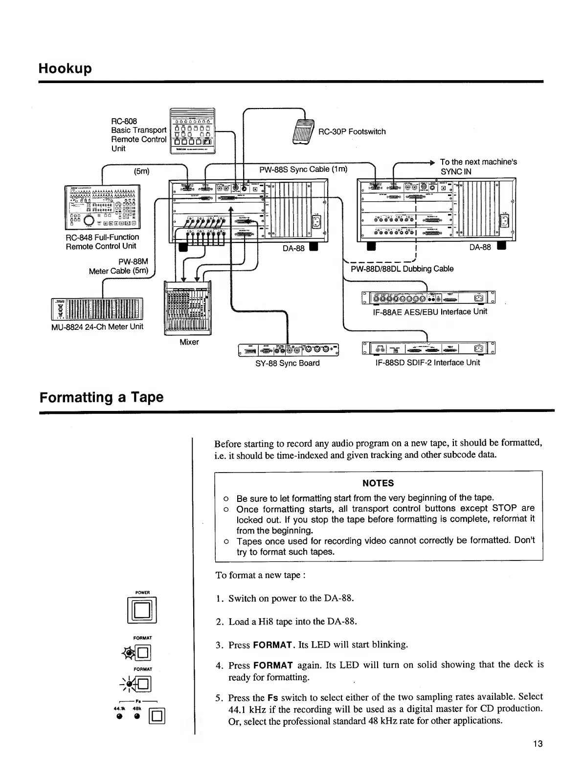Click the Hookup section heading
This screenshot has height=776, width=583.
[x=66, y=68]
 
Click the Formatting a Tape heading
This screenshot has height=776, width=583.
[x=101, y=397]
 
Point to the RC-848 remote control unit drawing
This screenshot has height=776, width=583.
[x=103, y=207]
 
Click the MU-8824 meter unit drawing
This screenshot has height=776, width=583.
[x=97, y=308]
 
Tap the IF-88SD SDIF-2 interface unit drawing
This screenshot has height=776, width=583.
[x=428, y=348]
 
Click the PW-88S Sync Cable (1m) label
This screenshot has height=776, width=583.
[x=303, y=170]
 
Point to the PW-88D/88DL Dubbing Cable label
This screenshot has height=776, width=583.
[x=402, y=269]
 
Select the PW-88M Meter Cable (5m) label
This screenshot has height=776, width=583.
[x=118, y=266]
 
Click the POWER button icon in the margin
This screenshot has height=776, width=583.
[x=142, y=610]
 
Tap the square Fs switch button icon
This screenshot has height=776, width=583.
[x=158, y=716]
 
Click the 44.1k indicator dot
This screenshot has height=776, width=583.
[x=118, y=716]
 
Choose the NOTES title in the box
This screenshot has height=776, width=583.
[x=378, y=483]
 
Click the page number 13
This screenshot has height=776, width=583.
[x=538, y=757]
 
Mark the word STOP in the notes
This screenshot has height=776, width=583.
[x=506, y=508]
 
